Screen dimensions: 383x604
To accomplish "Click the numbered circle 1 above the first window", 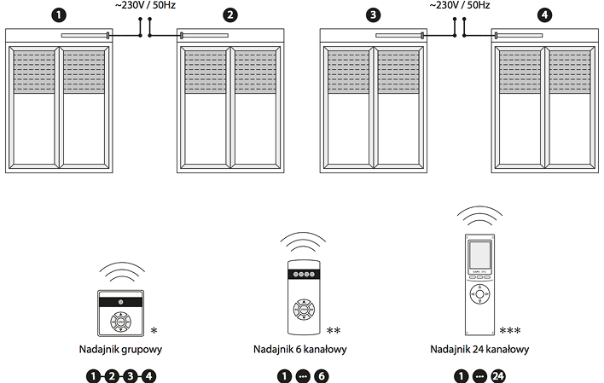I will click(x=59, y=15).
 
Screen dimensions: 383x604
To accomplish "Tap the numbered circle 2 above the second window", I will click(x=229, y=15).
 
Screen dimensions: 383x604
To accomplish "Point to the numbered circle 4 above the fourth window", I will click(x=545, y=15).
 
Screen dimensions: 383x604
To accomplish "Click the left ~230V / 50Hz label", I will click(x=147, y=6).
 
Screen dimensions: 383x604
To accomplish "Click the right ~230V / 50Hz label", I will click(x=460, y=6).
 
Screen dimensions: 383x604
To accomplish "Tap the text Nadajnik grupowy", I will click(x=120, y=350).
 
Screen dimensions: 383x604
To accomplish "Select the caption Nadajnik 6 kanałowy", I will click(x=300, y=350).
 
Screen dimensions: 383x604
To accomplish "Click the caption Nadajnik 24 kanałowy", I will click(x=480, y=350).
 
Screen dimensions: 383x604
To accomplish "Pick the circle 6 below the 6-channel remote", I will click(x=321, y=375).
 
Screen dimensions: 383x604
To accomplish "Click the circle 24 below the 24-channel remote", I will click(x=499, y=375).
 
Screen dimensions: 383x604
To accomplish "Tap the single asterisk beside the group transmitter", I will click(x=154, y=331).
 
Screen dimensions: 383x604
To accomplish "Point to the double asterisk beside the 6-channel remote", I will click(x=334, y=331).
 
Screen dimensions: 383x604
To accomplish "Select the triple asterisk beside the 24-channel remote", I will click(x=510, y=331).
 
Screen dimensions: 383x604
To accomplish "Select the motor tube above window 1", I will click(x=84, y=35).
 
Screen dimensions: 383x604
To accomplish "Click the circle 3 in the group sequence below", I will click(x=131, y=375).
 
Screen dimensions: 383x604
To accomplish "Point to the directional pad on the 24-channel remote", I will click(x=480, y=294).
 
